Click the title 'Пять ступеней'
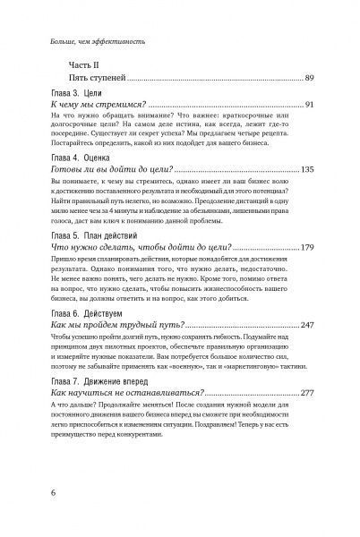point(94,81)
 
